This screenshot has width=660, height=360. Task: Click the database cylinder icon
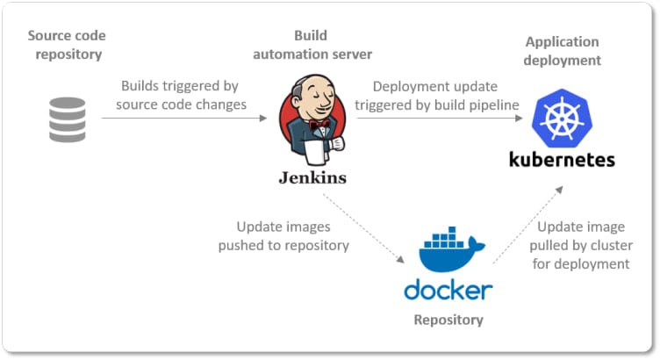68,120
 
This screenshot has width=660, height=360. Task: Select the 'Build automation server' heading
312,45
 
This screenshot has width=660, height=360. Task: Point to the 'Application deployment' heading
563,51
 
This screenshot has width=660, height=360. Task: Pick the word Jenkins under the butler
312,177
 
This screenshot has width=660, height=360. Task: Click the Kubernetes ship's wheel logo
563,119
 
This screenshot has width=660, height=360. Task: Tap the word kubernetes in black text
563,160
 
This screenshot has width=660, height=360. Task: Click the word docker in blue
448,290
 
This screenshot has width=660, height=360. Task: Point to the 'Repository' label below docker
448,320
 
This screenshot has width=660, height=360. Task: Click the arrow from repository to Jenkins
184,119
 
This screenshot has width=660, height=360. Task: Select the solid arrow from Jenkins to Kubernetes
439,119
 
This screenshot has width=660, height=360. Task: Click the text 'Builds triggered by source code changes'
183,95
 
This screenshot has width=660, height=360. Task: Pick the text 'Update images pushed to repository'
283,236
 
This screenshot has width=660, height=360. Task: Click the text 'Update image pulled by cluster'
578,245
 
